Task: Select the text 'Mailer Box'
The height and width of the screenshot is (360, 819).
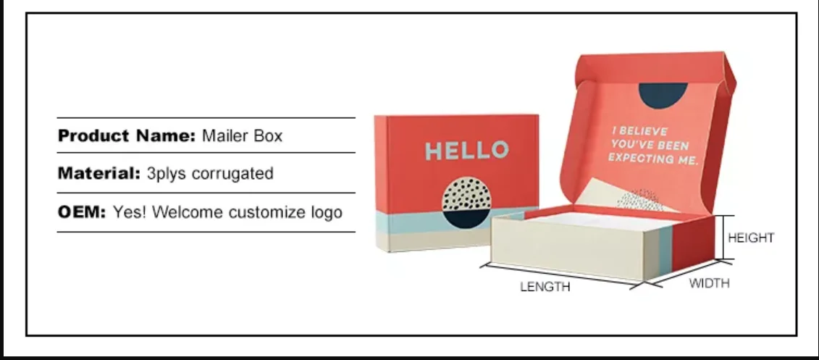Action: (242, 135)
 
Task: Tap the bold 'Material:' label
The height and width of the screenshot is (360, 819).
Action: (99, 174)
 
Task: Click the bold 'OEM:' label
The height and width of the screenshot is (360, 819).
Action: (82, 213)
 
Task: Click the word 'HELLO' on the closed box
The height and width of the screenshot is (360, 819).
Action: (466, 151)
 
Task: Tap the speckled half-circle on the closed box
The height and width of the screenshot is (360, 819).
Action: (468, 193)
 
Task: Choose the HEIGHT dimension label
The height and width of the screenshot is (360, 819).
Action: (751, 238)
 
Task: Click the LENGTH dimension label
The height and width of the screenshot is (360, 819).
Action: (545, 287)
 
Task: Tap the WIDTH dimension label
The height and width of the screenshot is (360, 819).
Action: (709, 283)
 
